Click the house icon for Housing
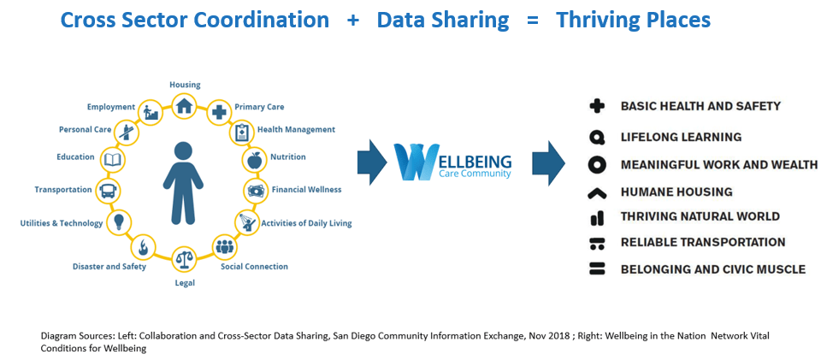[184, 106]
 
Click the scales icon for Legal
[184, 259]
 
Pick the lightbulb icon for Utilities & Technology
[120, 221]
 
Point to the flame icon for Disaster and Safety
[142, 246]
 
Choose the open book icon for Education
[113, 159]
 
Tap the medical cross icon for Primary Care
[218, 112]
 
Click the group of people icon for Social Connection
[225, 246]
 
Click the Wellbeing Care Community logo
[453, 160]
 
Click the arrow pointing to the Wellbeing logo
[372, 162]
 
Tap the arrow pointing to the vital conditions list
[548, 162]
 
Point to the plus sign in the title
[353, 21]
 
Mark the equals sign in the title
[533, 21]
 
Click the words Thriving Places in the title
[634, 20]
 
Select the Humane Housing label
[676, 192]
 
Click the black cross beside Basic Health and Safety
[596, 107]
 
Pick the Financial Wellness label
[306, 189]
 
